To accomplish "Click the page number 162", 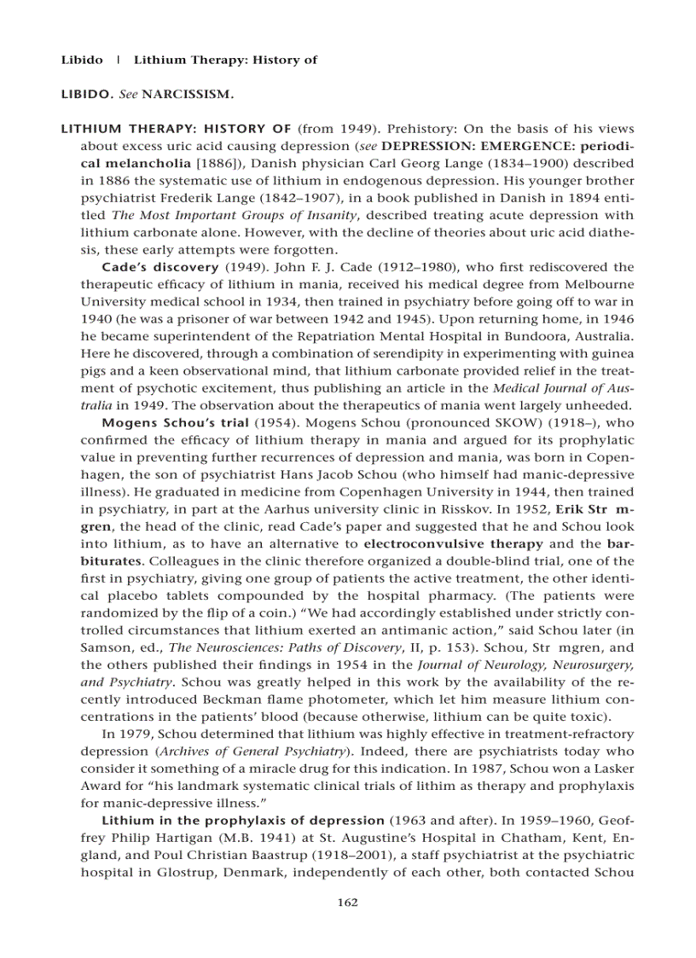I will pyautogui.click(x=347, y=903).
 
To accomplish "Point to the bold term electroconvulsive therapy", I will pyautogui.click(x=453, y=543).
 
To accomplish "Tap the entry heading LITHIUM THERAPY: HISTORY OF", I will pyautogui.click(x=177, y=129).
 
